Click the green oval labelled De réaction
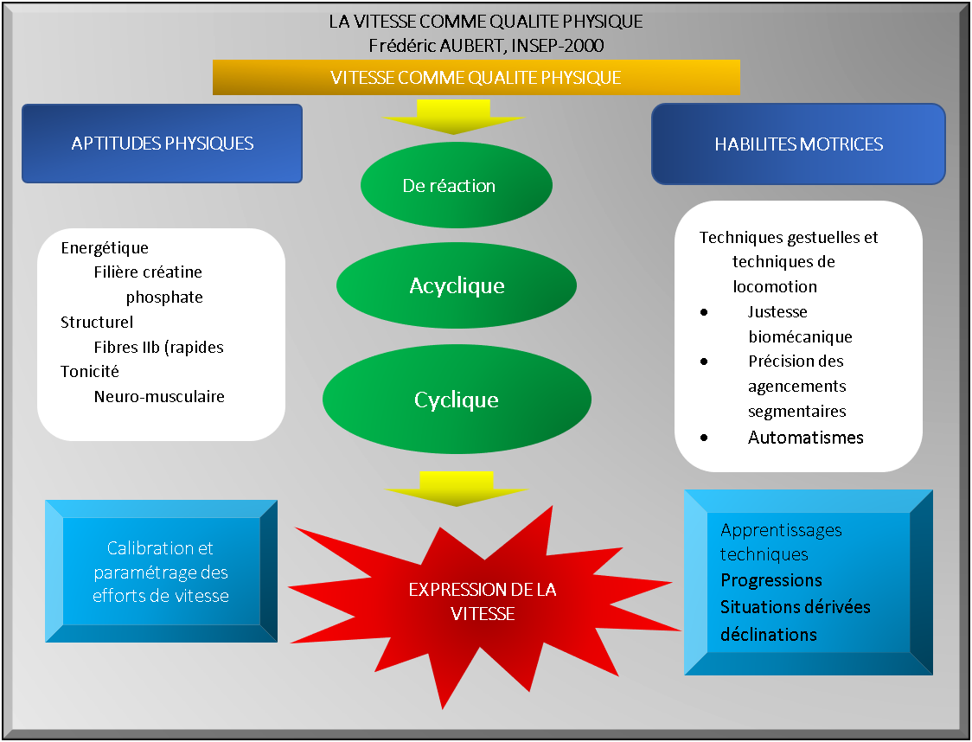(456, 185)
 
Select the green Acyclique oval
(456, 285)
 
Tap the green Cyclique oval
(456, 400)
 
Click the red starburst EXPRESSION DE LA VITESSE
(482, 602)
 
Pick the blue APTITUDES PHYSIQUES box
(162, 144)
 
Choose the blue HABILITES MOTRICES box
(798, 144)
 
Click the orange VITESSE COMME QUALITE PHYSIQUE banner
(476, 77)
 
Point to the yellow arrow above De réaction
(454, 117)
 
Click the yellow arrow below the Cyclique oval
(456, 489)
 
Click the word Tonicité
(90, 372)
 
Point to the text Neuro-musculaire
(159, 397)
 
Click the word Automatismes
(805, 438)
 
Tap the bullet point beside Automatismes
(705, 438)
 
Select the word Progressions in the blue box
(771, 579)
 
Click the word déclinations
(769, 634)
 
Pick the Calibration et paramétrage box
(161, 572)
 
